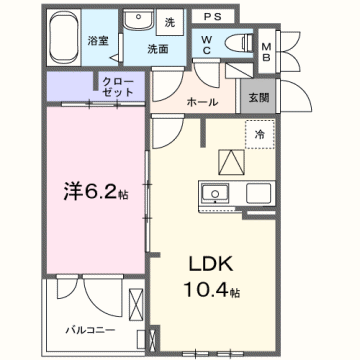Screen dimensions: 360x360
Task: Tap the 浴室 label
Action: (97, 41)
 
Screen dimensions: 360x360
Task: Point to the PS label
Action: (211, 17)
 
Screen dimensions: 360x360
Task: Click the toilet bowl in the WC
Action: (238, 42)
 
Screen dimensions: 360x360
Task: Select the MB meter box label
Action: (266, 51)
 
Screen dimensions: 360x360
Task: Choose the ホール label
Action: (204, 101)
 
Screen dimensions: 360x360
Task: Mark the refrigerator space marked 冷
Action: (259, 134)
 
